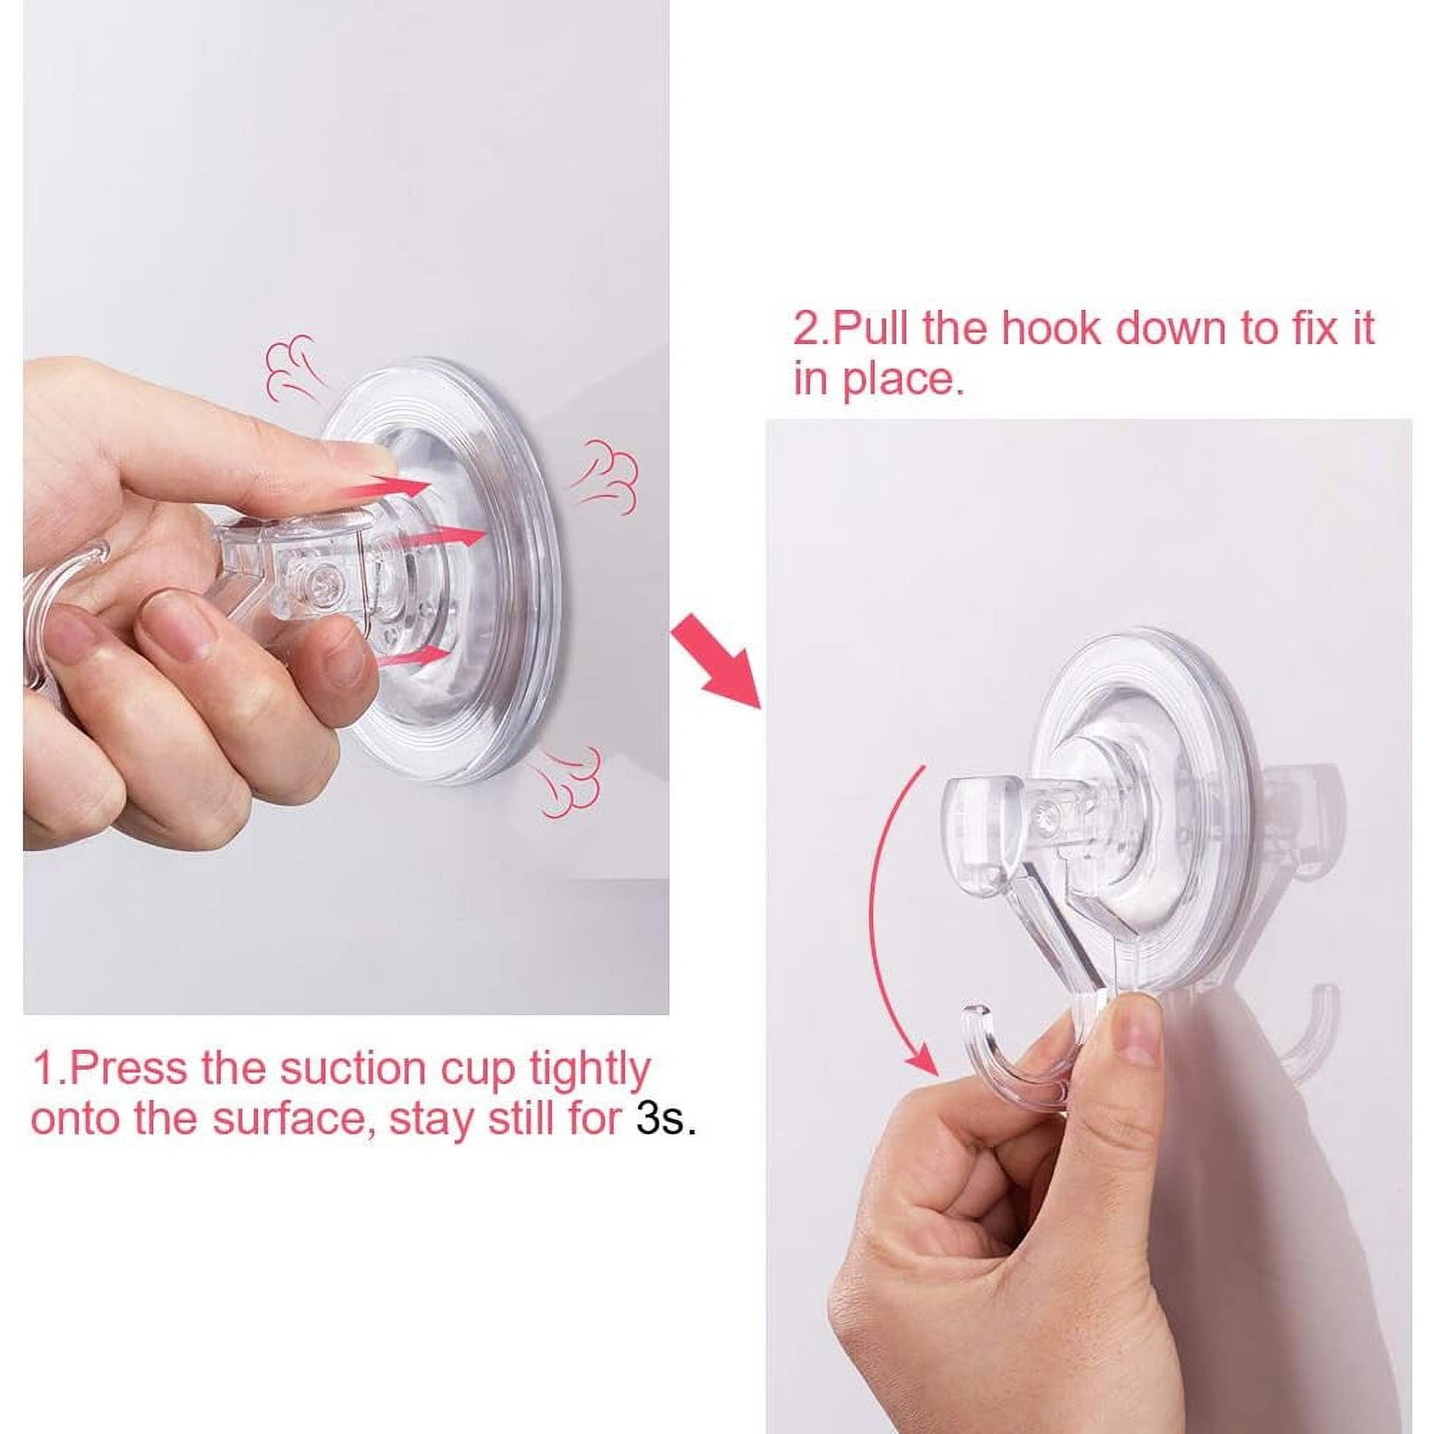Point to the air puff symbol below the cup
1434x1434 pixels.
[570, 780]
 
